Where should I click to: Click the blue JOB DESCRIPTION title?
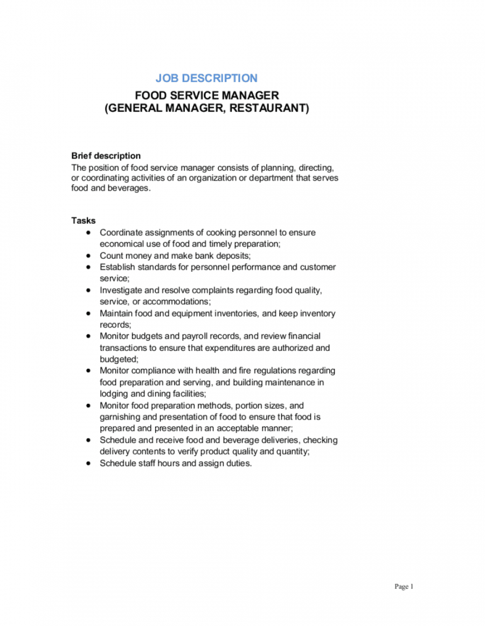206,78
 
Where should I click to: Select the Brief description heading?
106,156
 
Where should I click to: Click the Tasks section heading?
84,221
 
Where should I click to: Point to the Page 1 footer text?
404,587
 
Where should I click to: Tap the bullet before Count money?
88,256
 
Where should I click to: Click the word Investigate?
121,290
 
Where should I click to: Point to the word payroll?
198,336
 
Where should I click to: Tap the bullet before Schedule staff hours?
88,463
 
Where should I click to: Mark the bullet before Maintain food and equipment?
88,313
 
